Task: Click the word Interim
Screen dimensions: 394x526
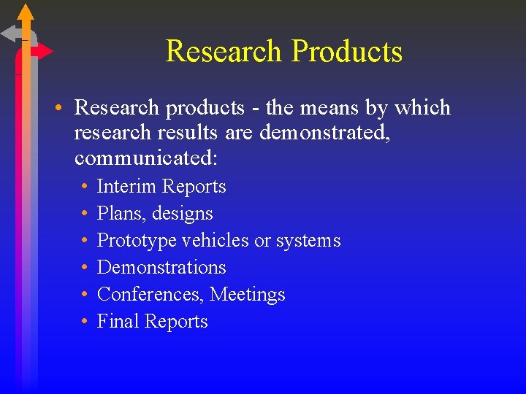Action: pos(126,187)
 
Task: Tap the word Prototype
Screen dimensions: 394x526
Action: pos(137,241)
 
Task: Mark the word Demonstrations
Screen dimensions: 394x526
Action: pos(161,268)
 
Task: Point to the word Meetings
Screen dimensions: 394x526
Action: pos(248,295)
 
